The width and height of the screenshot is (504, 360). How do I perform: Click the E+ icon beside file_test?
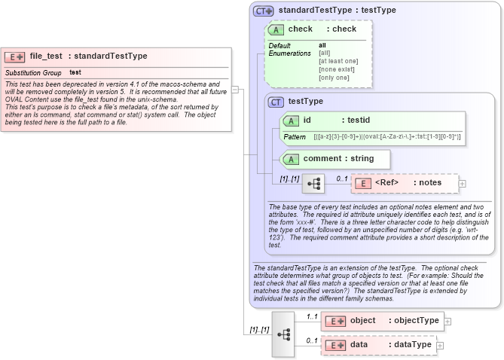(15, 56)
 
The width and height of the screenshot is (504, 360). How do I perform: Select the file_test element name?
(46, 56)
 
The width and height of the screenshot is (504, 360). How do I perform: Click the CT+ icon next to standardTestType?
(263, 11)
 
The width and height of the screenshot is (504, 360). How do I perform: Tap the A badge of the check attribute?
(276, 29)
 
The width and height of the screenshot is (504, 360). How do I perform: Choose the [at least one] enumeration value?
(338, 61)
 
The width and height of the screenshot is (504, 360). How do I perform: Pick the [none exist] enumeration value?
(336, 69)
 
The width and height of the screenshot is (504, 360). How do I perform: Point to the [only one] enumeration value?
(334, 78)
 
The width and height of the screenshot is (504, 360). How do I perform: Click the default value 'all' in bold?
(322, 45)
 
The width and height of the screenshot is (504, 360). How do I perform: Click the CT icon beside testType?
(276, 102)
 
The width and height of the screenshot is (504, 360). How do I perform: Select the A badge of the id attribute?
(291, 121)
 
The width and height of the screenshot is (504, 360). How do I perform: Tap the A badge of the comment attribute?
(291, 159)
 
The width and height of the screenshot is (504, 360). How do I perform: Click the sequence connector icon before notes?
(313, 183)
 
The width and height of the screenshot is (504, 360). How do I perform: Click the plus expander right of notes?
(462, 183)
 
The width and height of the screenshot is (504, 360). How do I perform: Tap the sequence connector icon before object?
(283, 333)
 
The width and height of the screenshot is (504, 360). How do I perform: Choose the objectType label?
(414, 321)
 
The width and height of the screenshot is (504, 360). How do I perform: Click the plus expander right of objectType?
(447, 321)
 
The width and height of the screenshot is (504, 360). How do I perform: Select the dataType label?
(410, 345)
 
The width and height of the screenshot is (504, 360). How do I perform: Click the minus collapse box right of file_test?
(236, 89)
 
